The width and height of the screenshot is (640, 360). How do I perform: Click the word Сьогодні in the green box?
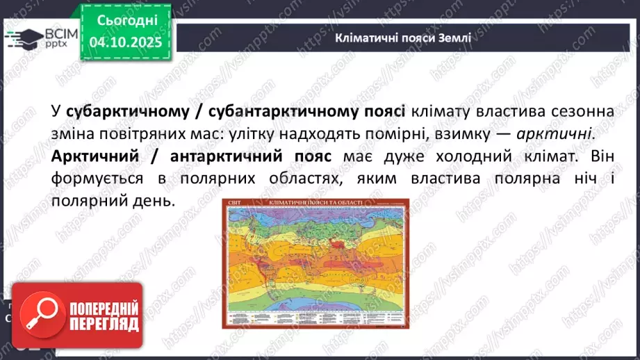click(x=127, y=20)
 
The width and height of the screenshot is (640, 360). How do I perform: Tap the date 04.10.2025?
click(x=127, y=43)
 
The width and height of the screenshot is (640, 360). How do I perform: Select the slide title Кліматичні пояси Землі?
click(x=402, y=38)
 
